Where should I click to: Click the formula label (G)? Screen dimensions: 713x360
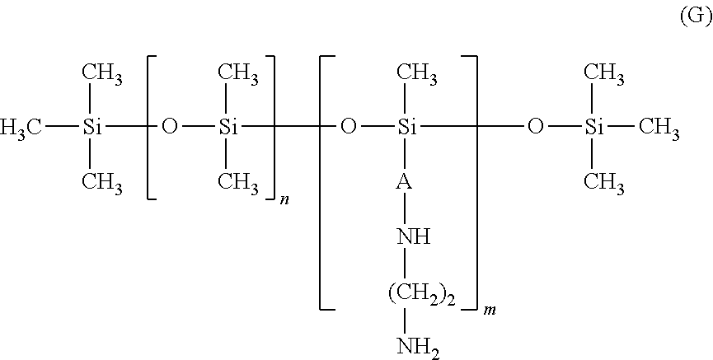(696, 16)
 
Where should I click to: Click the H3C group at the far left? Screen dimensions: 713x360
(21, 129)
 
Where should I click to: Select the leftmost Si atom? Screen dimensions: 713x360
(92, 128)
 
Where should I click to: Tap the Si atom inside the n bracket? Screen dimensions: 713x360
(228, 128)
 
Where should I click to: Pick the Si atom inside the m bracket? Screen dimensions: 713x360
(407, 128)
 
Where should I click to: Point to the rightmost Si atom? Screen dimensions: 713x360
(593, 128)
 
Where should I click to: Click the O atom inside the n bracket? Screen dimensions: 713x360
(170, 128)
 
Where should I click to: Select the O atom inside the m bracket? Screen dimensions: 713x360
(349, 128)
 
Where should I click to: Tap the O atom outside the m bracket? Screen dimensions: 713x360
(535, 128)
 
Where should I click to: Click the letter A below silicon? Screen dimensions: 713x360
(405, 182)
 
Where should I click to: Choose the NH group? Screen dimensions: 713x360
(414, 237)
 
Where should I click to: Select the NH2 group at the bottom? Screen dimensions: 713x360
(419, 348)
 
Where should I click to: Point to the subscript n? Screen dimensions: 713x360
(284, 200)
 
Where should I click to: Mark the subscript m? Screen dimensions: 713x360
(489, 311)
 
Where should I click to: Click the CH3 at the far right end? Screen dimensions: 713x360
(659, 129)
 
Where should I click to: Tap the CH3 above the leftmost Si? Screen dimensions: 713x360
(102, 73)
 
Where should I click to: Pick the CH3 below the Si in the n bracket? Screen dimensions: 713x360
(238, 184)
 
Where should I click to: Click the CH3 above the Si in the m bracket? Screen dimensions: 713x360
(417, 73)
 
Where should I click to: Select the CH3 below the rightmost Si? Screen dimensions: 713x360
(604, 184)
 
